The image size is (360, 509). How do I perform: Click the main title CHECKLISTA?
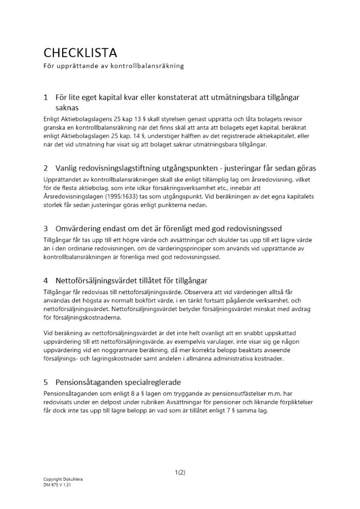[x=80, y=53]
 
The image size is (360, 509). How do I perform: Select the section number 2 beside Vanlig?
[x=46, y=168]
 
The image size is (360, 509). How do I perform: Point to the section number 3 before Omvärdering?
[x=46, y=228]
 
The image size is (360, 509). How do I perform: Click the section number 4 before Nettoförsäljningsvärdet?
[x=46, y=280]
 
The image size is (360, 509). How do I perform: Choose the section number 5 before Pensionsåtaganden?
[x=46, y=382]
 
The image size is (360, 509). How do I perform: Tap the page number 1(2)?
[x=180, y=472]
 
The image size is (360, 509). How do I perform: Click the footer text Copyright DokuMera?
[x=63, y=479]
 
